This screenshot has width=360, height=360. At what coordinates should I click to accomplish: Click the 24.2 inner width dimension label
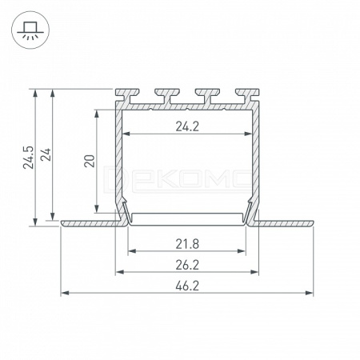pyautogui.click(x=187, y=126)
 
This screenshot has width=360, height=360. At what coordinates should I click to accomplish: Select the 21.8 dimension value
pyautogui.click(x=187, y=244)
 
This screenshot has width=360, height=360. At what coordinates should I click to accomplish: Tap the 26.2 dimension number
pyautogui.click(x=187, y=265)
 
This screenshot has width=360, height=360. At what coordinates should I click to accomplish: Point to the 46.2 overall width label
pyautogui.click(x=187, y=286)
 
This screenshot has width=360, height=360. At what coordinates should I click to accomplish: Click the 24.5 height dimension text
pyautogui.click(x=29, y=158)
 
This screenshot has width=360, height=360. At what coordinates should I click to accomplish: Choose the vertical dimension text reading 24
pyautogui.click(x=46, y=154)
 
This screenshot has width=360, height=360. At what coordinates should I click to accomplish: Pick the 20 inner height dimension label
pyautogui.click(x=90, y=161)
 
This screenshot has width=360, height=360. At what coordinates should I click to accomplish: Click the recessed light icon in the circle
pyautogui.click(x=30, y=30)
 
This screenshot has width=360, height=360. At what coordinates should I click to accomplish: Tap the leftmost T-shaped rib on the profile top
pyautogui.click(x=127, y=96)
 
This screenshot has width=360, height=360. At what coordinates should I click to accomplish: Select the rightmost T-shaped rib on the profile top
pyautogui.click(x=247, y=96)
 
